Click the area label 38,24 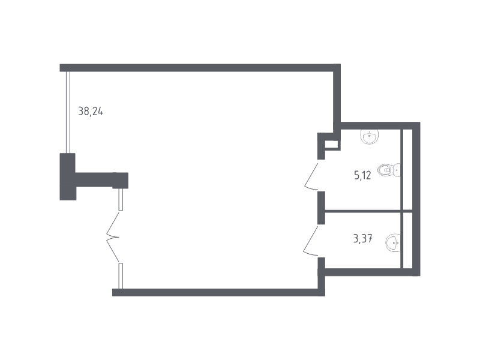click(x=91, y=111)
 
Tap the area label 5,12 click(x=362, y=175)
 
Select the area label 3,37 click(x=363, y=238)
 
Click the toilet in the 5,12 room click(x=389, y=170)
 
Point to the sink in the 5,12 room click(x=370, y=136)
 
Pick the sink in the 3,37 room click(x=393, y=243)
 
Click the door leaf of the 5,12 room click(x=311, y=177)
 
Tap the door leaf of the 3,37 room click(x=311, y=241)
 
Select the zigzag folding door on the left click(x=113, y=237)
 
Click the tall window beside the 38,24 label click(x=68, y=112)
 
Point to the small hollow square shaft click(x=332, y=145)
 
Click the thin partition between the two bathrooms click(x=362, y=211)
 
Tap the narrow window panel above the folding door click(x=121, y=200)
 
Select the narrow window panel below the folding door click(x=121, y=276)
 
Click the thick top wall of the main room click(x=200, y=68)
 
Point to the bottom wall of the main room click(x=218, y=292)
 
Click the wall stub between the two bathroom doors click(x=321, y=208)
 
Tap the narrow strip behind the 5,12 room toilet click(x=407, y=170)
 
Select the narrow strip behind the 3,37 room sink click(x=407, y=241)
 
